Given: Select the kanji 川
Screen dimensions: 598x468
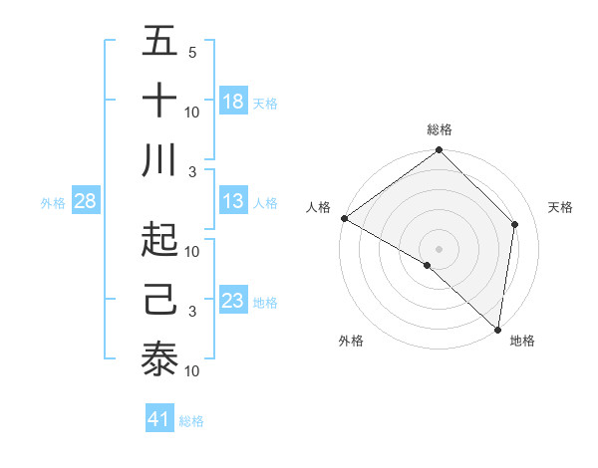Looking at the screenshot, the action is click(159, 160).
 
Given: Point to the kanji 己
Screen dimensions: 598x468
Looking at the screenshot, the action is click(159, 299).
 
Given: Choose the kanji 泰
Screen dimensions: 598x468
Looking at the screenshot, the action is click(159, 359).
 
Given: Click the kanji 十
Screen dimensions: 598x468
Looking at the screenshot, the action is click(159, 102).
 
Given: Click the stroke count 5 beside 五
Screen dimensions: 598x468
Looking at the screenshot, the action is click(191, 53).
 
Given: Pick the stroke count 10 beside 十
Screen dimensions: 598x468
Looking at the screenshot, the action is click(193, 112).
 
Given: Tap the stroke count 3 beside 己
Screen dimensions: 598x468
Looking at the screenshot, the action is click(191, 312).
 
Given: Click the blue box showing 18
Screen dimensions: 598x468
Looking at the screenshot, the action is click(233, 102).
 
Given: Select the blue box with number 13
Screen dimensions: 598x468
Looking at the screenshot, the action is click(233, 201).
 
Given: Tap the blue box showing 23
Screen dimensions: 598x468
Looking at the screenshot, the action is click(233, 301).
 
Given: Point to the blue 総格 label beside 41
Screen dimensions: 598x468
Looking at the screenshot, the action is click(191, 421).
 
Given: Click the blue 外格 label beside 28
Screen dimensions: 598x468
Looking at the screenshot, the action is click(53, 203).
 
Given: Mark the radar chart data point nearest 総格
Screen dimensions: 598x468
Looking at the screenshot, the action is click(439, 151).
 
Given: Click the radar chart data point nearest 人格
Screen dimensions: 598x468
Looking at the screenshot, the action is click(344, 218).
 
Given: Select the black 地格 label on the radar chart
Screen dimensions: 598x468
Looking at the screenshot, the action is click(522, 342).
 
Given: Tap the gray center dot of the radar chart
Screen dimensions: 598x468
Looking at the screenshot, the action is click(439, 248).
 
